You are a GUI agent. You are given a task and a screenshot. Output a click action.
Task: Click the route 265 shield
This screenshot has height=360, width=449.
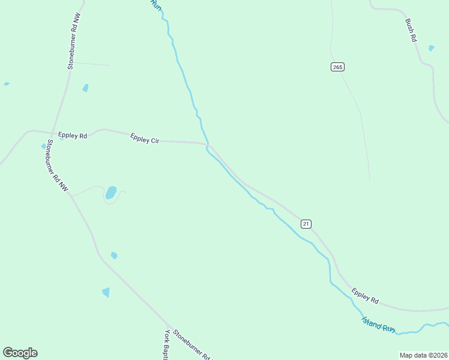tap(337, 67)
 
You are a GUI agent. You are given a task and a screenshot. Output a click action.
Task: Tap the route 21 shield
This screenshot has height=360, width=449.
tap(306, 224)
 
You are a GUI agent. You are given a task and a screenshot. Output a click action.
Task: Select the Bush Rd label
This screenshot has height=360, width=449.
tap(411, 30)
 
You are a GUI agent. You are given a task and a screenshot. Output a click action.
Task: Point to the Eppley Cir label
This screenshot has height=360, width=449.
tap(145, 139)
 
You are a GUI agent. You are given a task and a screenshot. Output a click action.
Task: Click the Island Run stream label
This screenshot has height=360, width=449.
tap(379, 325)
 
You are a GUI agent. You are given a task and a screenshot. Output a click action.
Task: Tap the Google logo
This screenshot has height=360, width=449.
tap(20, 353)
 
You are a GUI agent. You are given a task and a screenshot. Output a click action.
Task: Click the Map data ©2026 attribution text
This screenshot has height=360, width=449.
tap(423, 355)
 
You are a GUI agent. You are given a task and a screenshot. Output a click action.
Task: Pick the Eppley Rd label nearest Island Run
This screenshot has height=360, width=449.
tap(365, 296)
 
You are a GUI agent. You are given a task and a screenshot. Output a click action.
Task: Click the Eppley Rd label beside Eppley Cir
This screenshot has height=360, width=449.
tap(73, 136)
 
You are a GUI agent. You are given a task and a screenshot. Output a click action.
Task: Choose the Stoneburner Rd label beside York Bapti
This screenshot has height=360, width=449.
tap(193, 345)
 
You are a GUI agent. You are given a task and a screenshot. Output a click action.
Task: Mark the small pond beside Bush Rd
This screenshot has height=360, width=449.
tap(431, 48)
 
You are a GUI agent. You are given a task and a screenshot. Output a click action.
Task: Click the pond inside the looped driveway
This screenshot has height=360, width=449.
tap(110, 193)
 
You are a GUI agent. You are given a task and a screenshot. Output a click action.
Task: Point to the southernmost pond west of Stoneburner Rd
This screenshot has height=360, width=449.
tap(106, 292)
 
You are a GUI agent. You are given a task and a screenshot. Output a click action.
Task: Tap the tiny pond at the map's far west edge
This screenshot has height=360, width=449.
tap(7, 84)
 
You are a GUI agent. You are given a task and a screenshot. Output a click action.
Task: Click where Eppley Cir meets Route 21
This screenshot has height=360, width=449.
tap(208, 144)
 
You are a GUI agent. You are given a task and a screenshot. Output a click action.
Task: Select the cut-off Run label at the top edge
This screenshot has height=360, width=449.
tap(157, 5)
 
